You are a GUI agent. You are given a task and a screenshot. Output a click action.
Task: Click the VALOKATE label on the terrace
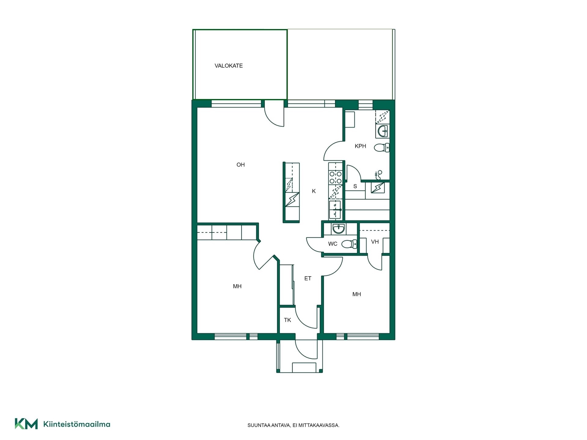(229, 66)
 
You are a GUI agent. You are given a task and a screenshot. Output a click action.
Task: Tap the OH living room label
(241, 165)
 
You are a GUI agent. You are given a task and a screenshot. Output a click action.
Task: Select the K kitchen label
(314, 191)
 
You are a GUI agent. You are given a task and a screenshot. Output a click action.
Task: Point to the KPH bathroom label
(360, 146)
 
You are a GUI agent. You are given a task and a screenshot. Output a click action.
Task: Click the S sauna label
(355, 186)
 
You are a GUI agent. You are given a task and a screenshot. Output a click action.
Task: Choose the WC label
(333, 244)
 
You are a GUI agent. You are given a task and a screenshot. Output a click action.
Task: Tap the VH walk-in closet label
(375, 242)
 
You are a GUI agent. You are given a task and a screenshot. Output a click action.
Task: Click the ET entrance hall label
(308, 278)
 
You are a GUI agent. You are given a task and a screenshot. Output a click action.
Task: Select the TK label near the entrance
(287, 320)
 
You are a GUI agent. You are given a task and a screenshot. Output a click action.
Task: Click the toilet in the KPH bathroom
(382, 148)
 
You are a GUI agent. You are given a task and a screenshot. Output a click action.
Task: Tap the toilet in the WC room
(349, 244)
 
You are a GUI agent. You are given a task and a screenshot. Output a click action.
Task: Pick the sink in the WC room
(339, 229)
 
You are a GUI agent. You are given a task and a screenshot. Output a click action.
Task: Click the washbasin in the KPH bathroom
(382, 131)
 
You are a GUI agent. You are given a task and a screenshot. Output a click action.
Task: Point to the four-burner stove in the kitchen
(335, 178)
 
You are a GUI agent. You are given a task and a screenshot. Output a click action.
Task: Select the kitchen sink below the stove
(335, 210)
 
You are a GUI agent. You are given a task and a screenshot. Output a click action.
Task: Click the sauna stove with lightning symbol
(378, 188)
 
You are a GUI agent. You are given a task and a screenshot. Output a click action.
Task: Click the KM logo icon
(26, 424)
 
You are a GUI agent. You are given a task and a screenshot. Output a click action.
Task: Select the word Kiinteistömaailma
(77, 424)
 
